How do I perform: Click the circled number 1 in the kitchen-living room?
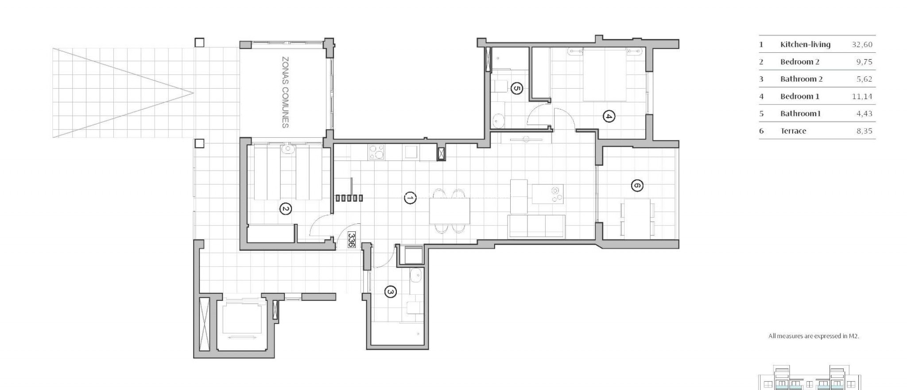pyautogui.click(x=410, y=198)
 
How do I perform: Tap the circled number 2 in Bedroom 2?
pyautogui.click(x=286, y=209)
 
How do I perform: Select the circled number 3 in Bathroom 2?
pyautogui.click(x=390, y=292)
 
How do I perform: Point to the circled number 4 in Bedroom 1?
pyautogui.click(x=609, y=117)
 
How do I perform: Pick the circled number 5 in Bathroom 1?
pyautogui.click(x=516, y=88)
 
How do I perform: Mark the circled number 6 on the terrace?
pyautogui.click(x=636, y=185)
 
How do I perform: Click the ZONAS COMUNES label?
pyautogui.click(x=286, y=92)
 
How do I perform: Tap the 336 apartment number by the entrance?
pyautogui.click(x=351, y=239)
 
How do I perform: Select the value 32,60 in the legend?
pyautogui.click(x=862, y=44)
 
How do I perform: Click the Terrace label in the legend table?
pyautogui.click(x=793, y=131)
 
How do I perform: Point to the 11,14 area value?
pyautogui.click(x=862, y=96)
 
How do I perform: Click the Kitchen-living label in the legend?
pyautogui.click(x=805, y=44)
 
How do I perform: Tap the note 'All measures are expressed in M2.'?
pyautogui.click(x=814, y=336)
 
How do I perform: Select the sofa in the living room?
pyautogui.click(x=536, y=226)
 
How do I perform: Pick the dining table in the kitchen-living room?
pyautogui.click(x=450, y=211)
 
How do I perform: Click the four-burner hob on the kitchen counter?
pyautogui.click(x=376, y=152)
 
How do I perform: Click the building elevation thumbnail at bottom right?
pyautogui.click(x=810, y=379)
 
